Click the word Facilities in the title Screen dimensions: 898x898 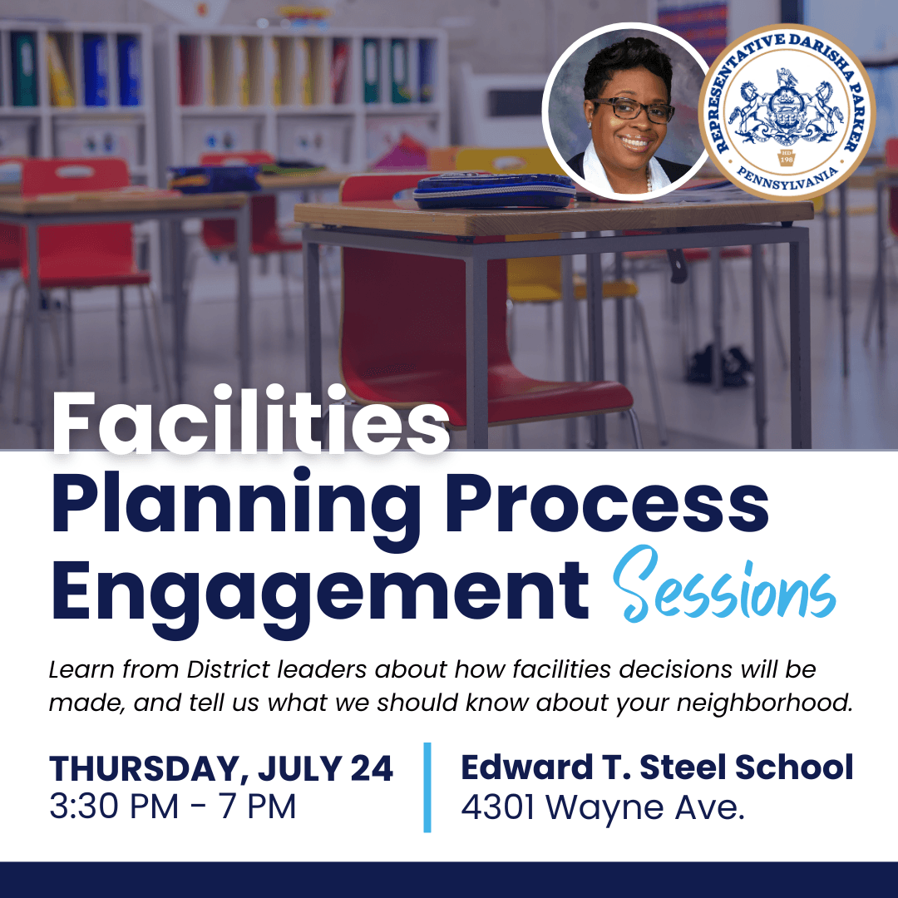(x=250, y=420)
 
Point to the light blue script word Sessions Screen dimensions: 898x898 (x=724, y=585)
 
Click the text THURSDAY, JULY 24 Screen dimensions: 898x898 (x=221, y=768)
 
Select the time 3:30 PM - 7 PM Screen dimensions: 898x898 (x=172, y=807)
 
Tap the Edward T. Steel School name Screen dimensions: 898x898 (x=657, y=767)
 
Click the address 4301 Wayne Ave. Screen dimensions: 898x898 (x=603, y=807)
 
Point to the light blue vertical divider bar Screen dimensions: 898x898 (x=427, y=787)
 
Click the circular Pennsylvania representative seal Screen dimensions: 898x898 (x=787, y=112)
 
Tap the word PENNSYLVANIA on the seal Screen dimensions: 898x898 (x=787, y=179)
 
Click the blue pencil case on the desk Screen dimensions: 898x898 (x=494, y=190)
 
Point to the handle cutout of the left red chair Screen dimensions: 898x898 (x=75, y=171)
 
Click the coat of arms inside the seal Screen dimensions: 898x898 (x=787, y=110)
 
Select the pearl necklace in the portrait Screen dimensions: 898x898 (x=649, y=182)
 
